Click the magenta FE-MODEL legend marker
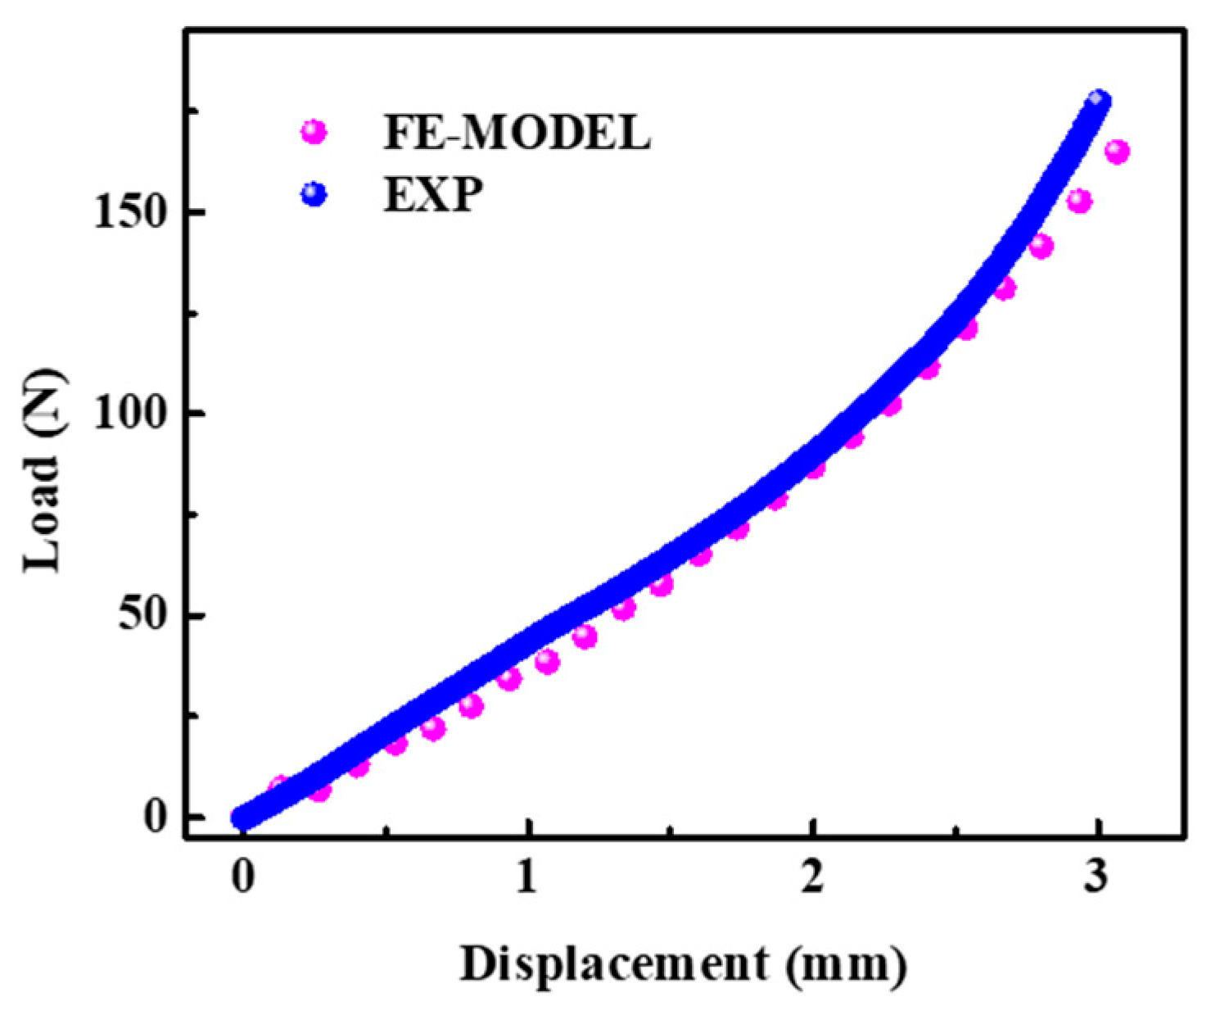coord(314,131)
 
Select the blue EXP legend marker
coord(314,195)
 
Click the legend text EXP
coord(433,195)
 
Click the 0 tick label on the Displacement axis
coord(242,878)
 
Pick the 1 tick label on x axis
coord(527,878)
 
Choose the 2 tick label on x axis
coord(812,878)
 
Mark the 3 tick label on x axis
coord(1097,878)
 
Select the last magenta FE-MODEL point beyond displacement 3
coord(1117,152)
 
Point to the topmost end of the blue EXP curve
coord(1098,100)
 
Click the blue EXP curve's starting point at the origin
coord(242,817)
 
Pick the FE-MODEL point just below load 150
coord(1079,201)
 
